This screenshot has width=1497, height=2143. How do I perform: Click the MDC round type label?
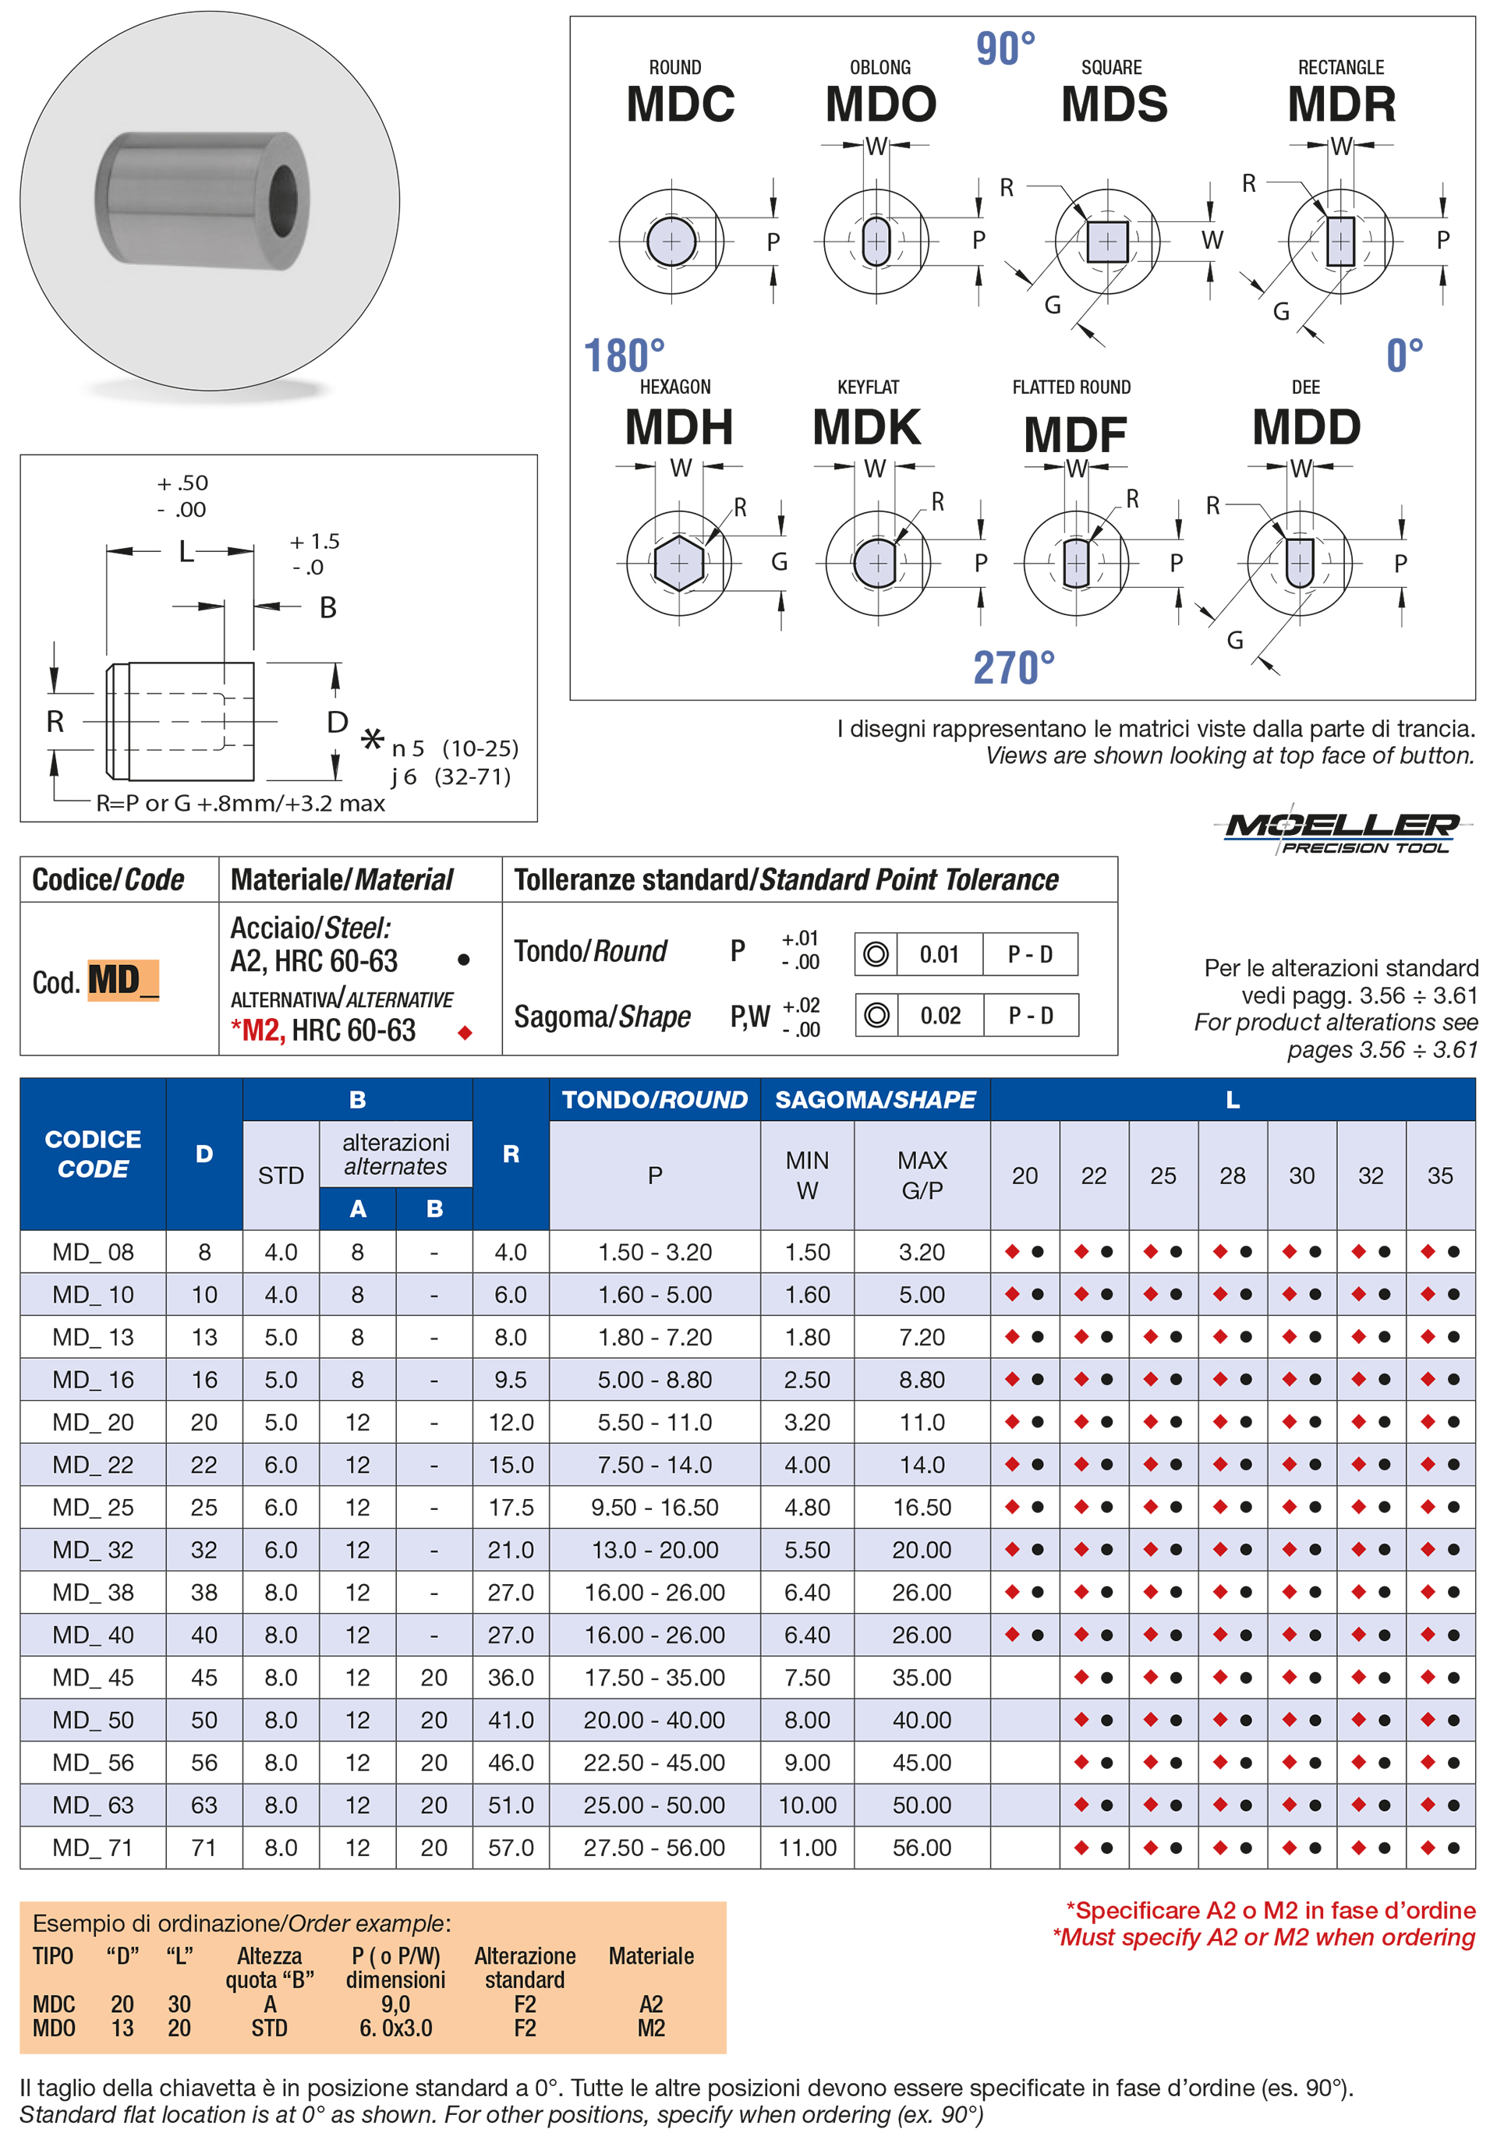tap(681, 104)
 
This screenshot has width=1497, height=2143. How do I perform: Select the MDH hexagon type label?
tap(678, 427)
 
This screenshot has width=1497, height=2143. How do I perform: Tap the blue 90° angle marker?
tap(1005, 48)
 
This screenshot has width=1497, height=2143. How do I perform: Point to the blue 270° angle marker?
tap(1014, 668)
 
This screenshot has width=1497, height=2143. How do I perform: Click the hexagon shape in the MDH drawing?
tap(678, 563)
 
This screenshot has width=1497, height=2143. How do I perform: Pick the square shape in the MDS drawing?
tap(1107, 242)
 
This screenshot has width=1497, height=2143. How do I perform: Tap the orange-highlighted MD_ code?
tap(123, 980)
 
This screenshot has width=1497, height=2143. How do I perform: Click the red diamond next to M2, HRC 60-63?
tap(465, 1032)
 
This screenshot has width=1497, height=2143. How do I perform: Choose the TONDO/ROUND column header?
tap(654, 1099)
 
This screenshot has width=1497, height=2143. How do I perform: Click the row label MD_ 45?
tap(94, 1678)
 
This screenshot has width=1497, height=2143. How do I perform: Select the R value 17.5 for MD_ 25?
tap(511, 1508)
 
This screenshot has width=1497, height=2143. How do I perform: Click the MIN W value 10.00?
tap(807, 1805)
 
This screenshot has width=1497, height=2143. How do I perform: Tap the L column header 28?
tap(1232, 1176)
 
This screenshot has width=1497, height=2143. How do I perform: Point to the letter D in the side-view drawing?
tap(337, 723)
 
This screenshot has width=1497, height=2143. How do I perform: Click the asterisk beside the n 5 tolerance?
tap(373, 740)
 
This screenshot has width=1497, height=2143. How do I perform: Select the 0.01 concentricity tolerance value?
tap(939, 954)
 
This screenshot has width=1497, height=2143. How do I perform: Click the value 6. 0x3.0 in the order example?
tap(396, 2028)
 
